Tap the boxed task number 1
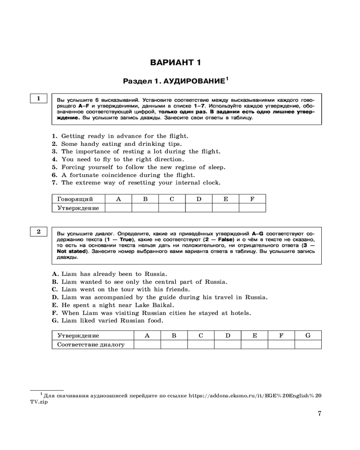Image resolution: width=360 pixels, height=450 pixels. tap(39, 98)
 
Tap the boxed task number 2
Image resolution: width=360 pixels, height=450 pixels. tap(39, 231)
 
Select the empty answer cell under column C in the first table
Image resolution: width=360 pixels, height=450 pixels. tap(171, 207)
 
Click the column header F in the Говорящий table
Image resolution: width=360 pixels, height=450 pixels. tap(252, 198)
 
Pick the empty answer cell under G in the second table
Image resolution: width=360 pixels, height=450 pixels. tap(308, 344)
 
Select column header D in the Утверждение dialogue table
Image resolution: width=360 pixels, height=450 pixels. tap(228, 335)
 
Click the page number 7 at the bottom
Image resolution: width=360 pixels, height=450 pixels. tap(319, 414)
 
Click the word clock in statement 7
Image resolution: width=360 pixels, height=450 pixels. tap(211, 183)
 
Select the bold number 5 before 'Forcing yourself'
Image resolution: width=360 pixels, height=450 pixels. tap(54, 167)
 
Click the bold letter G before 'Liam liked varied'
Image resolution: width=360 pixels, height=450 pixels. tap(55, 321)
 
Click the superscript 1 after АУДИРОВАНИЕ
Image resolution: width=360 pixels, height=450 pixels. tap(227, 79)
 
